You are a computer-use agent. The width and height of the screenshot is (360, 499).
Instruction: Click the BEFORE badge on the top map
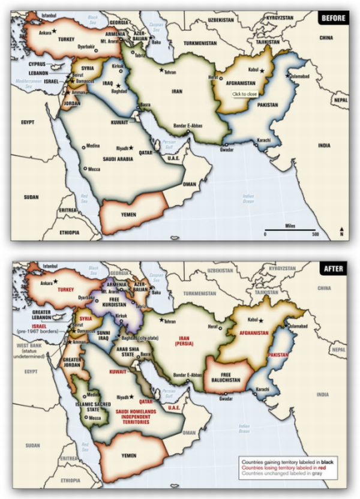click(333, 18)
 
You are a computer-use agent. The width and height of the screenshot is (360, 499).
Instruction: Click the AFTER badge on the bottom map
click(334, 269)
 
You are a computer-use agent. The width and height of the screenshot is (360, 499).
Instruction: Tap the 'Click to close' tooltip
click(245, 94)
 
